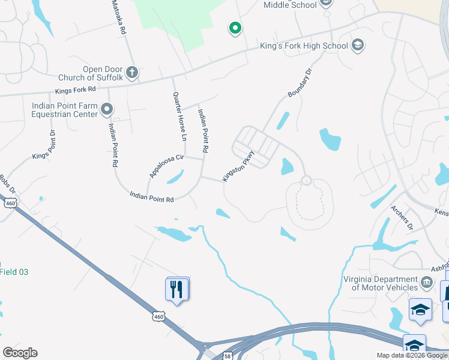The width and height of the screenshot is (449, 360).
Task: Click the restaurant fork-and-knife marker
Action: (177, 290)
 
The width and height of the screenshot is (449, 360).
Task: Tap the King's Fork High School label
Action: (304, 46)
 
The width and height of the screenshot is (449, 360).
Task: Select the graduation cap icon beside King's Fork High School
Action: (358, 45)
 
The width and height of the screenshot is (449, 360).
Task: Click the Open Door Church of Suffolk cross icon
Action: (132, 73)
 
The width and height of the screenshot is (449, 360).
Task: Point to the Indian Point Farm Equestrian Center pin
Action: (107, 109)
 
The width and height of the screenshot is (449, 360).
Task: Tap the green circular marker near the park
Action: (235, 28)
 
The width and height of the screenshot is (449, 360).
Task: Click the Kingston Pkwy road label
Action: (239, 166)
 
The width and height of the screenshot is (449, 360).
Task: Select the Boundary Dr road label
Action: (301, 83)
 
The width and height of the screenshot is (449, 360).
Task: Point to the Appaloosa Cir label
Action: (166, 167)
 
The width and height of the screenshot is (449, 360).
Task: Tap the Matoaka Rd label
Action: (118, 17)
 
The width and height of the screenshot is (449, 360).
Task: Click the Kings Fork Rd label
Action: (76, 91)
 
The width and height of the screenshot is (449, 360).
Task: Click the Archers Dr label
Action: (402, 218)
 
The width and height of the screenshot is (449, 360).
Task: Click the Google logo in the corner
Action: (20, 353)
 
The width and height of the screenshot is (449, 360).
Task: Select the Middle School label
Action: (290, 5)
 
